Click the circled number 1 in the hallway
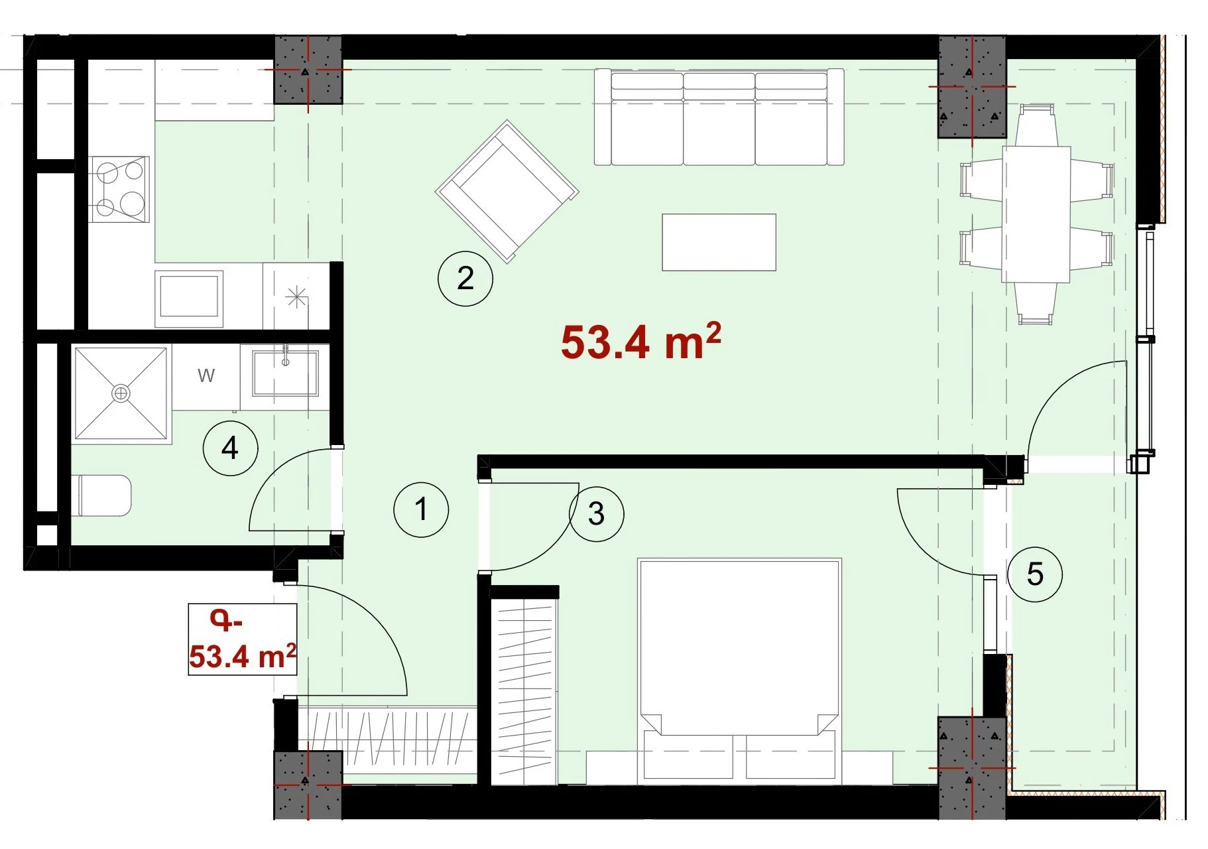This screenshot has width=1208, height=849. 421,509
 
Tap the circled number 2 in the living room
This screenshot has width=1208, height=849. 465,279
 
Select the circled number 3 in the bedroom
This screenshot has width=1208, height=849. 596,513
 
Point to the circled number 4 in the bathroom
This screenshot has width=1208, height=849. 230,448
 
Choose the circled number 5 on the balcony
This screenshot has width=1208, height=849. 1035,574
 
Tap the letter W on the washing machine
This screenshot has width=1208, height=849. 206,375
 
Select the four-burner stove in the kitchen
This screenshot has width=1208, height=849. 120,189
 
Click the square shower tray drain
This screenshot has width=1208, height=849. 120,394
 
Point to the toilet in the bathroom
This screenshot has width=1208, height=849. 105,495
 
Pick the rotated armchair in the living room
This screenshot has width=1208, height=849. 507,192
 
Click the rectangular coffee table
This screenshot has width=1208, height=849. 719,242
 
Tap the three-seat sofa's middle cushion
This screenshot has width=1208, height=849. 719,119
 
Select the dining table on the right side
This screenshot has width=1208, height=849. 1037,214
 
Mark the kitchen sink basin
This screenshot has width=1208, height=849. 189,296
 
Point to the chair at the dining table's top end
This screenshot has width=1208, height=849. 1036,125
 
